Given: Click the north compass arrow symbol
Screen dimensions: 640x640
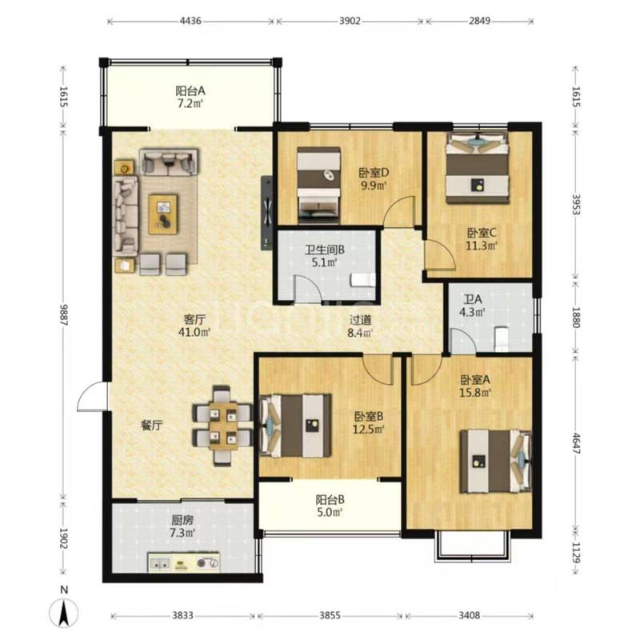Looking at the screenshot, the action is [63, 613].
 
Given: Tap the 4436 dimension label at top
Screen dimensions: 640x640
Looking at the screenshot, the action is [190, 21].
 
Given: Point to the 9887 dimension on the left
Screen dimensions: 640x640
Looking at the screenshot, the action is [63, 314].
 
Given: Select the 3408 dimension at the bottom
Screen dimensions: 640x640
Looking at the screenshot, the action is [469, 615].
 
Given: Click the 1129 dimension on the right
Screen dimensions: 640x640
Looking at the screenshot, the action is [576, 553].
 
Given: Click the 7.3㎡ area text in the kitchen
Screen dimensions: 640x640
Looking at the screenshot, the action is [182, 533].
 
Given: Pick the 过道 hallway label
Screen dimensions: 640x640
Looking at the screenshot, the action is [360, 319].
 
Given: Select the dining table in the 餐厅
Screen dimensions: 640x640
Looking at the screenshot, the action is [223, 426].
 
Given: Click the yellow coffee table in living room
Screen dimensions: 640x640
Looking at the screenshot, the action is [163, 214].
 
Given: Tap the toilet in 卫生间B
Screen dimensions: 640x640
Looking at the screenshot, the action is [363, 281].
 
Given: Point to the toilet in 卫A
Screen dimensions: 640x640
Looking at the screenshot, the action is [502, 338].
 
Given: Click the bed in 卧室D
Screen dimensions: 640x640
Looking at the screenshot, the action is [318, 186].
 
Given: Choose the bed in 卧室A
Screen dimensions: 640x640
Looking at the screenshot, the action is [495, 462].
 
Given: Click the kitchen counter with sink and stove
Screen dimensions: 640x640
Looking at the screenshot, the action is [184, 563].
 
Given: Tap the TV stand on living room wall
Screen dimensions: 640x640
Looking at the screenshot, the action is [266, 213].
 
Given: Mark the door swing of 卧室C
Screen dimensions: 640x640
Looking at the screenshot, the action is [439, 255].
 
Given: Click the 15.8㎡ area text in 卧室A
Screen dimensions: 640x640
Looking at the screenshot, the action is [475, 393].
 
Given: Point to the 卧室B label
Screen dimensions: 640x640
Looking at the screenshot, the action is [369, 416].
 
